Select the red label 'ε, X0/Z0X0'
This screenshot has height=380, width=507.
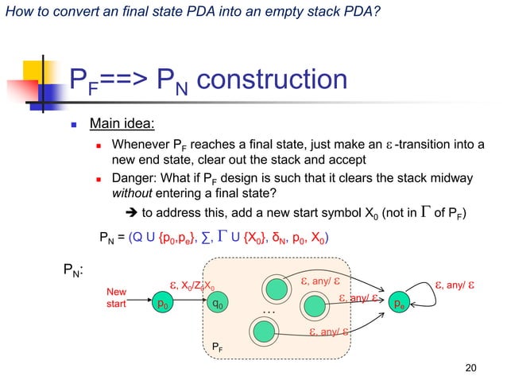(x=191, y=285)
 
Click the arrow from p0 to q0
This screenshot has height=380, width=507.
(x=189, y=303)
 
